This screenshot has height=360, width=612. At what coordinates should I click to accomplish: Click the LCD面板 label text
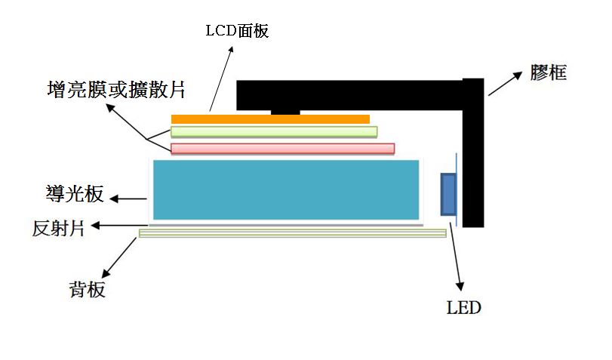(x=237, y=31)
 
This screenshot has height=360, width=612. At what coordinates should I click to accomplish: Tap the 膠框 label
(x=548, y=72)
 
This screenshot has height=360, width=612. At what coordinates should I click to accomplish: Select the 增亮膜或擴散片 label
(x=116, y=89)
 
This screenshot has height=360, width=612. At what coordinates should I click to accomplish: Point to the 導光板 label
(x=75, y=194)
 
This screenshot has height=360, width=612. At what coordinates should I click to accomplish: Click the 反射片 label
(x=58, y=228)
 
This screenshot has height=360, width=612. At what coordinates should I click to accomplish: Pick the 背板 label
(x=87, y=289)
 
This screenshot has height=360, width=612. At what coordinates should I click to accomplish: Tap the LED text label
(x=463, y=308)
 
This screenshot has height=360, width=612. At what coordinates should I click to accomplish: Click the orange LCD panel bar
(x=270, y=119)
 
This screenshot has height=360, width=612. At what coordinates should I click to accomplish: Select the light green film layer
(x=274, y=132)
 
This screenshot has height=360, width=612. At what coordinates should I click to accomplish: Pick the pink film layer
(x=282, y=149)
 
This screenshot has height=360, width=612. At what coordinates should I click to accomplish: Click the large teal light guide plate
(x=286, y=189)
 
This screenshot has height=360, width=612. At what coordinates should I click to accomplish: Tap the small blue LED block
(x=448, y=195)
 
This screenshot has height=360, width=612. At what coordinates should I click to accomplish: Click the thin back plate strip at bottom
(x=293, y=233)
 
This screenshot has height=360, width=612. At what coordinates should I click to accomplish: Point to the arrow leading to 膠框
(x=505, y=84)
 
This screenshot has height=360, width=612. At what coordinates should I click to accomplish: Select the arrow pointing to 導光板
(x=128, y=199)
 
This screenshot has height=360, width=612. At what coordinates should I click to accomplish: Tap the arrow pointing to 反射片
(x=119, y=226)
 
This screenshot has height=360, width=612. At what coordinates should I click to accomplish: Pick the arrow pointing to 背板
(x=119, y=257)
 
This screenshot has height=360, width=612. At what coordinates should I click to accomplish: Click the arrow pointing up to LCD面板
(x=221, y=79)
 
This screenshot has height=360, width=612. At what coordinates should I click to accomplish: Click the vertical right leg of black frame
(x=473, y=152)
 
